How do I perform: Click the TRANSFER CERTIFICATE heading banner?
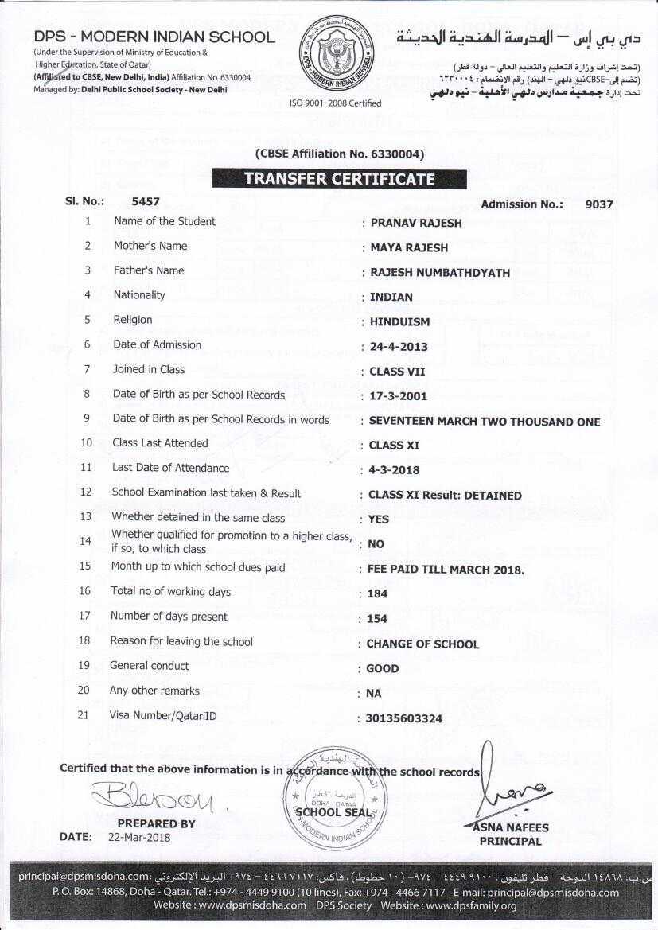pos(339,179)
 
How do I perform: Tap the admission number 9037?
pos(598,204)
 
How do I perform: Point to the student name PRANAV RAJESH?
pos(416,224)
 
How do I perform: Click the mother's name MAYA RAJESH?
pos(409,248)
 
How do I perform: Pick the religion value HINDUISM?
pos(399,322)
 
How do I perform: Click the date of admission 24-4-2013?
pos(399,347)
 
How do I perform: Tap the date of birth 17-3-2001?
pos(399,396)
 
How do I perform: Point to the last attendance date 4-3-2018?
pos(394,470)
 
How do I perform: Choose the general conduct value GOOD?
pos(383,669)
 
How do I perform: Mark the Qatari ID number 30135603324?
pos(404,719)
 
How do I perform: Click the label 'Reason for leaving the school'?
pos(181,641)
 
